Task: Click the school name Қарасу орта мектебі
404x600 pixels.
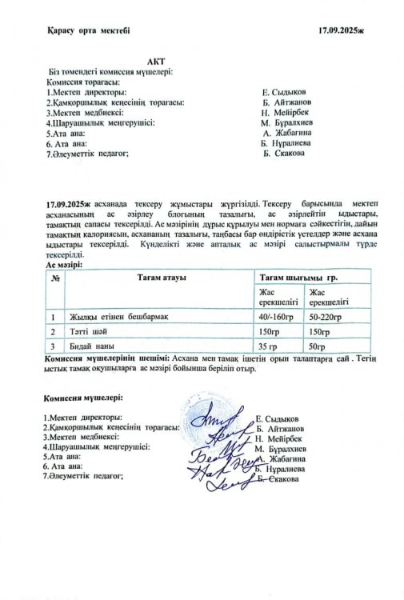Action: click(x=87, y=30)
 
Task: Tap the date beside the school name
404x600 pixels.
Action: click(x=340, y=30)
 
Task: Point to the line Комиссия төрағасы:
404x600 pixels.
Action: click(x=84, y=82)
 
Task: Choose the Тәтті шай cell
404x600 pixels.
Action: click(x=88, y=331)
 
